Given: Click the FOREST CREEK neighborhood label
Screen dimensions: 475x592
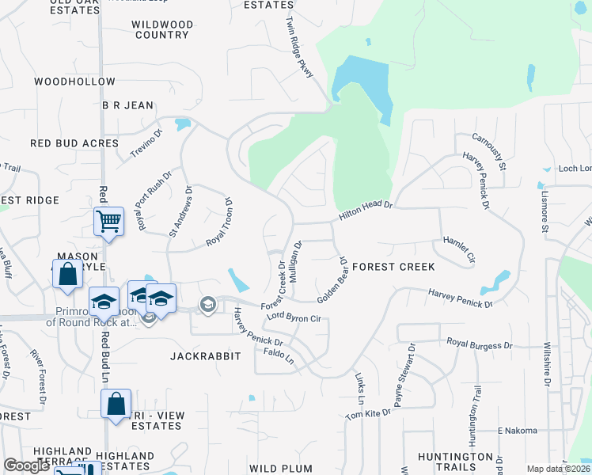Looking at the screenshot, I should pos(394,267).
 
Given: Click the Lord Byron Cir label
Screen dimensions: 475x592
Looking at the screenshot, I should pos(292,317).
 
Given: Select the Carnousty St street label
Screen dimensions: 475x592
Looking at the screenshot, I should pos(488,151).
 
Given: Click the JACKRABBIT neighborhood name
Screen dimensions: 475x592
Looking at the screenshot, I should pos(205,357).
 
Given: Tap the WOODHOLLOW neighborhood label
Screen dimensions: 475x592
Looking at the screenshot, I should pos(75,82).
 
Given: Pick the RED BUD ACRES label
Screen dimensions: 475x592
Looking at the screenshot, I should pos(74,143).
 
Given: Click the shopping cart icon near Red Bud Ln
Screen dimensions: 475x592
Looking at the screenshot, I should pos(108,222).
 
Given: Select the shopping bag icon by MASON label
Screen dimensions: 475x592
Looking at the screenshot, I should pos(68,274).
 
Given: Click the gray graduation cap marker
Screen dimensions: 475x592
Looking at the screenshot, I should pos(208,304).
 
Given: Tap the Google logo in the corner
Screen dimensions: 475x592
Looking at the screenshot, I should pos(26,466).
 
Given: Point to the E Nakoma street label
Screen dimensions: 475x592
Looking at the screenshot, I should pos(517,431).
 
